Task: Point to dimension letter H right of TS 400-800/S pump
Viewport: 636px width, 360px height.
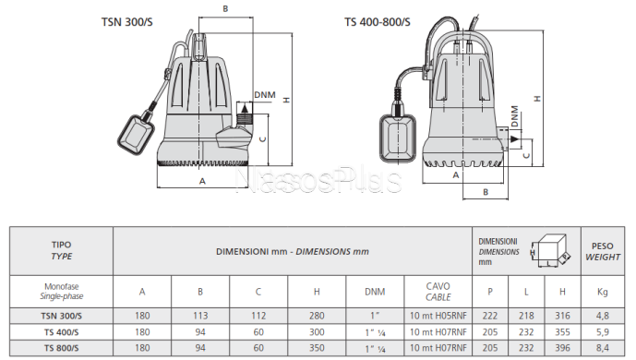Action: coord(536,96)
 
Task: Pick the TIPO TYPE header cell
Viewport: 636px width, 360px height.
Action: coord(61,250)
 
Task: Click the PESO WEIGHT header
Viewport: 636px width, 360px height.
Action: coord(603,250)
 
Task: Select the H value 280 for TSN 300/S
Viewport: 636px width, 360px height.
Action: coord(317,314)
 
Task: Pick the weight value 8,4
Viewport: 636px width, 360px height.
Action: coord(603,346)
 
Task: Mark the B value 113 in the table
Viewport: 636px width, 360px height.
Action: coord(200,314)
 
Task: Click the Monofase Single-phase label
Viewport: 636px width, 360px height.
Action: coord(61,292)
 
